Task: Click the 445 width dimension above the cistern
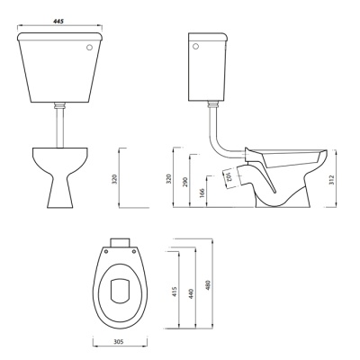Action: (x=58, y=22)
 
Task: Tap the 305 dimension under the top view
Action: (x=119, y=342)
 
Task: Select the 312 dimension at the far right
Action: (x=331, y=180)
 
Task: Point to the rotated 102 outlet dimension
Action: (x=229, y=176)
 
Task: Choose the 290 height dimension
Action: (x=184, y=183)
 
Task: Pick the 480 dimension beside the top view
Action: (x=208, y=285)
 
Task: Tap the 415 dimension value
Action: (x=175, y=292)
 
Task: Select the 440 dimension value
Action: (x=192, y=293)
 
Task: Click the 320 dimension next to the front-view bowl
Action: (x=115, y=179)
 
